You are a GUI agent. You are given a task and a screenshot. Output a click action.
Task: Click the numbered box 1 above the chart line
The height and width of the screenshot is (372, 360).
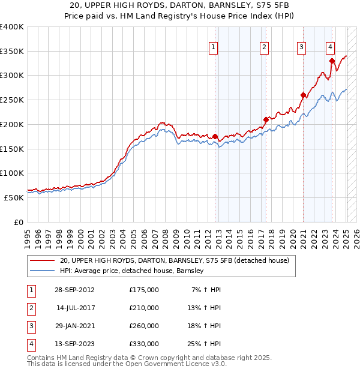coord(214,49)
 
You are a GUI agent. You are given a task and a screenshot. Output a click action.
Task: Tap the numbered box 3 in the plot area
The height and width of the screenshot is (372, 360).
coord(301,49)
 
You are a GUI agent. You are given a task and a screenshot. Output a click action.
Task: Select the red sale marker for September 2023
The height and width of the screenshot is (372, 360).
coord(332,60)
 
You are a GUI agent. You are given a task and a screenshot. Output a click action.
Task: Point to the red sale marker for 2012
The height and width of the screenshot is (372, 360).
coord(215,136)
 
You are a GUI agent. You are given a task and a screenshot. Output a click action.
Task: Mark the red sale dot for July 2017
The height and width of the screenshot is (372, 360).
coord(265,119)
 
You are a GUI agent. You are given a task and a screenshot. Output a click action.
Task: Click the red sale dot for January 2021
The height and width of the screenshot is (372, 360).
coord(303,94)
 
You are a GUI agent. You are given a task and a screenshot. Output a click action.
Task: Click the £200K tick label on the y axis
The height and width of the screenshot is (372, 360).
coord(12,124)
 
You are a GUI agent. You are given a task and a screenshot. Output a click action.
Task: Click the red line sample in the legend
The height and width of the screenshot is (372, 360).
coord(42,261)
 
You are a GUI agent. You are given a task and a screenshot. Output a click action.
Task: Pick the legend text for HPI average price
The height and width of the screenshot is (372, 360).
coord(133,271)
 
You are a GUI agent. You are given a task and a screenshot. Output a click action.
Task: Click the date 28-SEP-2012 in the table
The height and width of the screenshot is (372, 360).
coord(74,290)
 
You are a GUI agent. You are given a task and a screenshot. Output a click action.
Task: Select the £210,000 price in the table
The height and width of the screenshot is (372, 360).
coord(144,308)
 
